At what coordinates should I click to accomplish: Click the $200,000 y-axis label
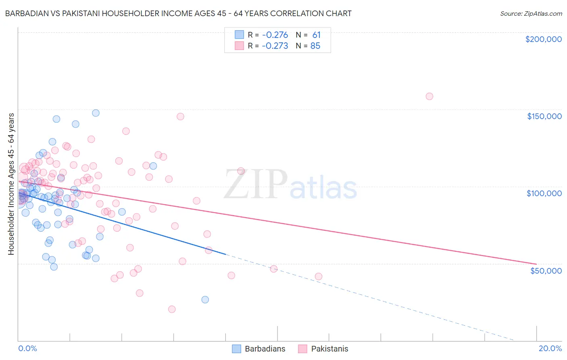[543, 39]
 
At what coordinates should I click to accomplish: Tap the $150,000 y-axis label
[544, 116]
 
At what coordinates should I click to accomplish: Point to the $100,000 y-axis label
[544, 193]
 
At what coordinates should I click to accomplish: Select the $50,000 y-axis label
[546, 270]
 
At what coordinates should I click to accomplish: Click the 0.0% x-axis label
[27, 348]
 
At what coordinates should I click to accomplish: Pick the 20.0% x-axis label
[550, 348]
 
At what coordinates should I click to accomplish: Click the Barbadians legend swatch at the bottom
[236, 349]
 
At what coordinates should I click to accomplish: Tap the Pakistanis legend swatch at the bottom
[303, 349]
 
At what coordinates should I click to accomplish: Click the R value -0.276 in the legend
[275, 35]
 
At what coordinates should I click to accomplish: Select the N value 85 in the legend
[315, 46]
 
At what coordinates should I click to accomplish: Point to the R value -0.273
[275, 46]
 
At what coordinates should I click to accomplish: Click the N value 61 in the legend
[316, 35]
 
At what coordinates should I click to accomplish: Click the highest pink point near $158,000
[429, 96]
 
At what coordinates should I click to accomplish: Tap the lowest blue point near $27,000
[205, 299]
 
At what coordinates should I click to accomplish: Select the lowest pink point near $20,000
[172, 309]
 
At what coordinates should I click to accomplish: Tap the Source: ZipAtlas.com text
[531, 14]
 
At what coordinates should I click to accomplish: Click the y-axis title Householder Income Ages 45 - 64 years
[11, 184]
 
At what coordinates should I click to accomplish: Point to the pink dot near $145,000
[180, 117]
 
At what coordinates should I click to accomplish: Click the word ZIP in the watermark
[255, 184]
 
